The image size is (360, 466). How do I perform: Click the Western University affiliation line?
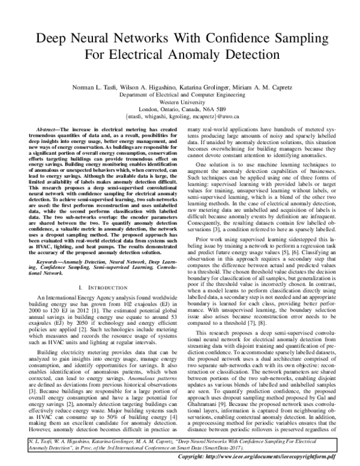[179, 102]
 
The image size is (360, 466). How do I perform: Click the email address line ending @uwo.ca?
[179, 116]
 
